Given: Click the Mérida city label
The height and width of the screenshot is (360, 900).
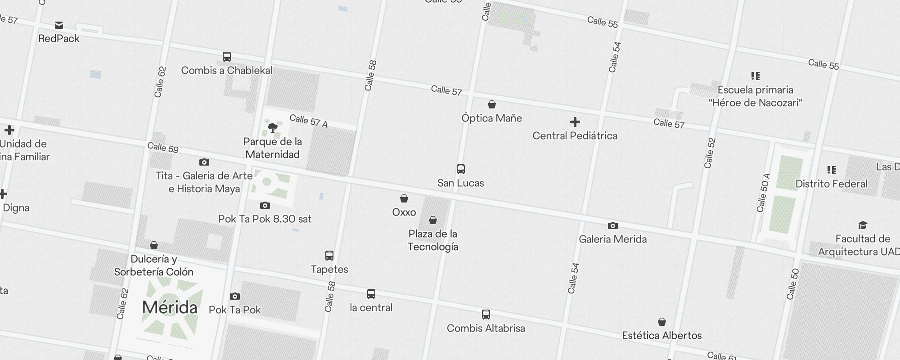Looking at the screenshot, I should [170, 308].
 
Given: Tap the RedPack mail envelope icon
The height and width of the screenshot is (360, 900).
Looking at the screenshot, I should [59, 25].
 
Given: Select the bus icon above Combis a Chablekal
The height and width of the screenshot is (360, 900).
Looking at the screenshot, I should [227, 57].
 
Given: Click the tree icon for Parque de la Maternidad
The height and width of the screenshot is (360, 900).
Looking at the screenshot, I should [272, 128].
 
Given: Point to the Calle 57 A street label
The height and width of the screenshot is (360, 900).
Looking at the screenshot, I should [308, 121].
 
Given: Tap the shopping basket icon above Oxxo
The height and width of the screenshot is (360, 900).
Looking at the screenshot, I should [404, 198].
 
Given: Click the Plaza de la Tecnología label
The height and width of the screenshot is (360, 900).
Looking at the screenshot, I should [433, 240].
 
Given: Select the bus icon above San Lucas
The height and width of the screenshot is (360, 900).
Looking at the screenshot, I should [461, 169].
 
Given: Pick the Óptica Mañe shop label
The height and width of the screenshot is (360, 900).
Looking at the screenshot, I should [491, 118].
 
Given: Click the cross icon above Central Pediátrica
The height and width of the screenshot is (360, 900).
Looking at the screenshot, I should [575, 122].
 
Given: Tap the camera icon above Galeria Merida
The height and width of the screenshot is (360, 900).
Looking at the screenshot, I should [612, 225].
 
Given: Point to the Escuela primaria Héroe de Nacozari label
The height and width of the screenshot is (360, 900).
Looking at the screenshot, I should [755, 96].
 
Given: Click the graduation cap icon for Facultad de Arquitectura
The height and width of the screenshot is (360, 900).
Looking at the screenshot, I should [863, 225].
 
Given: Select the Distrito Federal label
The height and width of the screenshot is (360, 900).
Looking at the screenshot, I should [831, 184].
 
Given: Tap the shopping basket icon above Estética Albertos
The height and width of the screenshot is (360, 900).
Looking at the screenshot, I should [662, 322].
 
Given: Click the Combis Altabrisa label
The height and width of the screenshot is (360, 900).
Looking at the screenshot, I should [486, 328].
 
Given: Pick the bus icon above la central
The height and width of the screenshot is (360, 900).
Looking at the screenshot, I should [371, 294].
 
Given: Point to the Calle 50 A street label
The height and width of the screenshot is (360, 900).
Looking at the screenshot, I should [764, 193].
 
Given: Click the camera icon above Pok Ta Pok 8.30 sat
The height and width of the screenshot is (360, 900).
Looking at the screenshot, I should [265, 205].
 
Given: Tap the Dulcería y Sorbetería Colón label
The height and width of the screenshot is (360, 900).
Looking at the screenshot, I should [153, 265].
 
